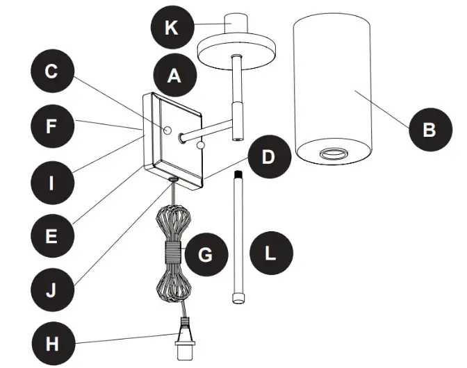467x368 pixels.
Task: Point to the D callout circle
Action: point(268,158)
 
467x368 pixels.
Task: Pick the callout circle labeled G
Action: point(205,255)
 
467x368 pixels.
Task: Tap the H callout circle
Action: point(51,343)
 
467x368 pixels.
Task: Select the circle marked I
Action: point(51,183)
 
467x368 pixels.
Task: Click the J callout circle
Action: point(51,289)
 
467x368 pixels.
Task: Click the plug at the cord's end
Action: point(183,340)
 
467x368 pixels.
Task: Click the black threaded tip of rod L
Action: point(238,174)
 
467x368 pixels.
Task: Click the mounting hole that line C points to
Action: point(168,130)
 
